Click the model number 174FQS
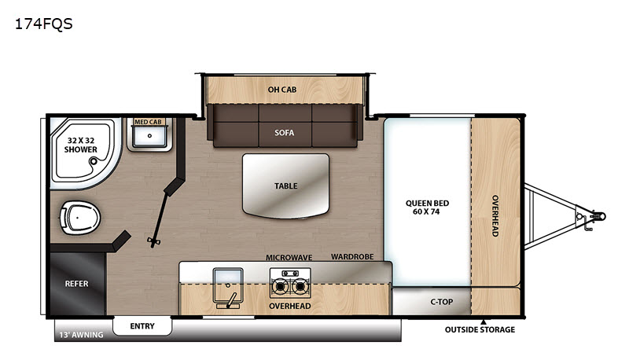tap(44, 24)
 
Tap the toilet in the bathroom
tap(80, 218)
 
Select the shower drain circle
tap(94, 161)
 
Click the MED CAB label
tap(148, 122)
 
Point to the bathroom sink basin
tap(149, 136)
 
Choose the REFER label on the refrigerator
tap(76, 284)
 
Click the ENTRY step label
tap(142, 326)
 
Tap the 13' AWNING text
tap(82, 335)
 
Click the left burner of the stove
tap(279, 287)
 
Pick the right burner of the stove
tap(300, 287)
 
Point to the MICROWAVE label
tap(289, 257)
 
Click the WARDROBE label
tap(352, 256)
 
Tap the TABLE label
tap(286, 186)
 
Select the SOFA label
tap(285, 133)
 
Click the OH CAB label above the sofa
tap(282, 90)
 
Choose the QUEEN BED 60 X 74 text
tap(427, 208)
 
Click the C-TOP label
tap(442, 302)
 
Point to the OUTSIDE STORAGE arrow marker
tap(484, 322)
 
